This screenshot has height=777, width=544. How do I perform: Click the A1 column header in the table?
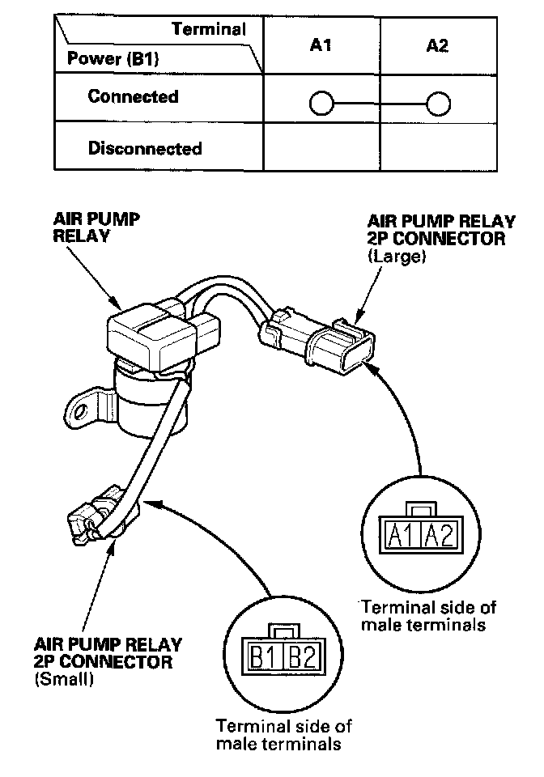(321, 46)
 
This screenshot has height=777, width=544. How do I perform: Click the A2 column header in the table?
(437, 46)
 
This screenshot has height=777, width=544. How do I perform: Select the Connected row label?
(133, 97)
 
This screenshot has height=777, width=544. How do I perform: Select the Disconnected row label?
(145, 149)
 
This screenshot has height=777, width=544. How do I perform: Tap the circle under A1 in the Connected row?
(321, 104)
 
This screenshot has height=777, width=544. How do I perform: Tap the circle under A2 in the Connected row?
(438, 104)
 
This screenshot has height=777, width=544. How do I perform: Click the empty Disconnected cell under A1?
(321, 149)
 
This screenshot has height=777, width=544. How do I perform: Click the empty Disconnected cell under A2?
(437, 149)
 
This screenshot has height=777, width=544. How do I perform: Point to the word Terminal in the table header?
(209, 30)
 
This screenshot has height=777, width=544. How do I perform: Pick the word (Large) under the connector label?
(395, 257)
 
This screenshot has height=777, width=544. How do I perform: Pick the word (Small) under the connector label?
(64, 680)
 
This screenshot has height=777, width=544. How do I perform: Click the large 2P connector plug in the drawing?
(332, 344)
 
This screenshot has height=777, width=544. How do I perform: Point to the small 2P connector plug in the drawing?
(89, 518)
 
